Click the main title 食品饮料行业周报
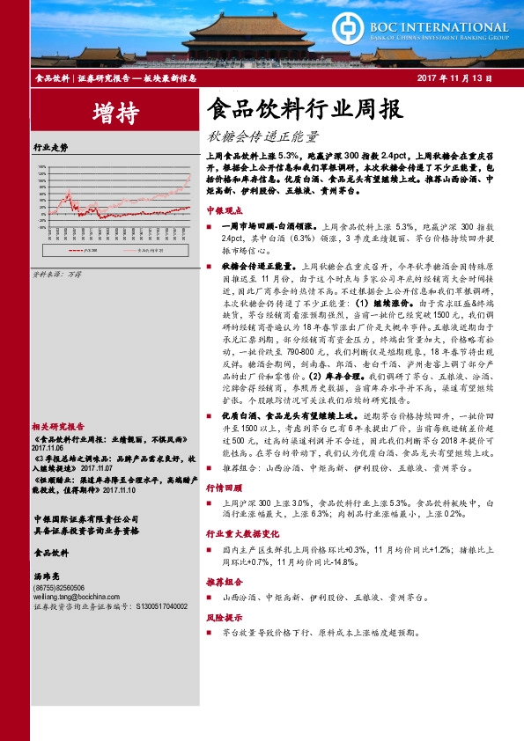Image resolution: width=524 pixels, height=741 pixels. [x=304, y=110]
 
